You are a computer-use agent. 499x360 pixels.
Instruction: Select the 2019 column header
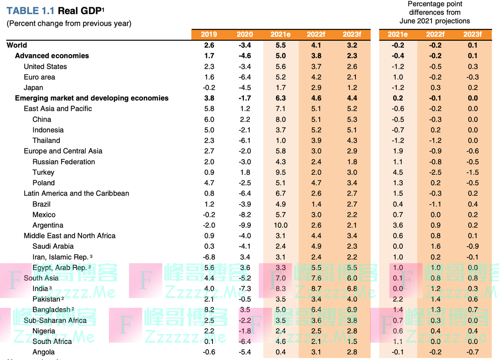click(209, 35)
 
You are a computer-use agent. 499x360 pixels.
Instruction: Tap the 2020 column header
click(245, 35)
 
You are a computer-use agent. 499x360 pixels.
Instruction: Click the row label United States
click(45, 67)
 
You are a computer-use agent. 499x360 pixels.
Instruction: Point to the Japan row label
click(33, 88)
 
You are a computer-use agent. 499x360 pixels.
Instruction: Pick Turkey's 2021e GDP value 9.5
click(281, 172)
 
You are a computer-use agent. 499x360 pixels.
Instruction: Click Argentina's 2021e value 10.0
click(281, 225)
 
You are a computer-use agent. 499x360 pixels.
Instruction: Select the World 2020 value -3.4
click(245, 45)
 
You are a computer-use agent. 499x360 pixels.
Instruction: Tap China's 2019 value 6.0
click(209, 119)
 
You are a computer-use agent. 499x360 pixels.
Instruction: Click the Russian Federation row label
click(64, 162)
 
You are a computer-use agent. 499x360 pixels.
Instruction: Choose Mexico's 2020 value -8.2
click(245, 215)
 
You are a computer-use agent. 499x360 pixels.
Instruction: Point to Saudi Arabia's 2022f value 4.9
click(316, 246)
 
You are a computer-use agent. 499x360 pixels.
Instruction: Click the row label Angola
click(44, 352)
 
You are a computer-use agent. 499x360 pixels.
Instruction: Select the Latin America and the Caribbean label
click(76, 194)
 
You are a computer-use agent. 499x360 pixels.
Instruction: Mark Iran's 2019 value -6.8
click(209, 257)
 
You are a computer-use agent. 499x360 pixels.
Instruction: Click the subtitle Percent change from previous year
click(69, 23)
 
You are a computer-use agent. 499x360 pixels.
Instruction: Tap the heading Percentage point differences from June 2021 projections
click(435, 12)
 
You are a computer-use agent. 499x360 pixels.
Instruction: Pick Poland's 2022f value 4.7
click(316, 183)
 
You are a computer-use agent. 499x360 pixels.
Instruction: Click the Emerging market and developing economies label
click(92, 98)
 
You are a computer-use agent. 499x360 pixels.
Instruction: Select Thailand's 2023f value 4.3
click(352, 141)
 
